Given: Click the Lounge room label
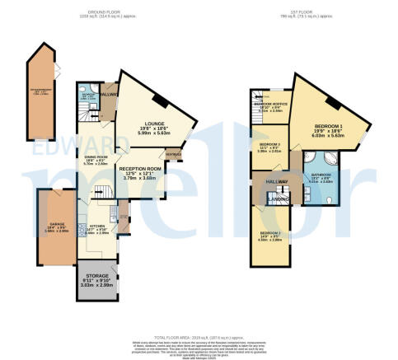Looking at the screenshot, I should (x=154, y=124).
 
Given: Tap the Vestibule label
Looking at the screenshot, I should (x=174, y=154).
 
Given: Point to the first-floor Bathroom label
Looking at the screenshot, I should (x=321, y=175).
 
